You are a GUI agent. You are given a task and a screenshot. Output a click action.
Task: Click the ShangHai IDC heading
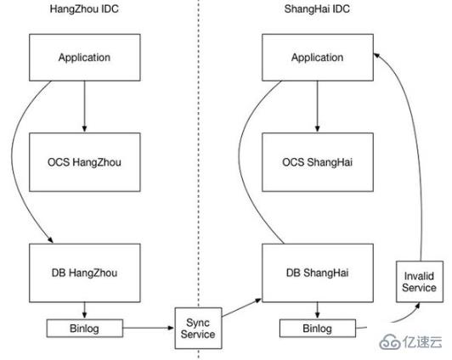pos(317,10)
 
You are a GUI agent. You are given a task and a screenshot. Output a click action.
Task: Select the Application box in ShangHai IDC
pos(316,58)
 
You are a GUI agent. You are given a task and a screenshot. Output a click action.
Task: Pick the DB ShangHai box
pos(316,272)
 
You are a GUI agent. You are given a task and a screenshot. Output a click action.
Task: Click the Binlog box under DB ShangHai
pos(316,326)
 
